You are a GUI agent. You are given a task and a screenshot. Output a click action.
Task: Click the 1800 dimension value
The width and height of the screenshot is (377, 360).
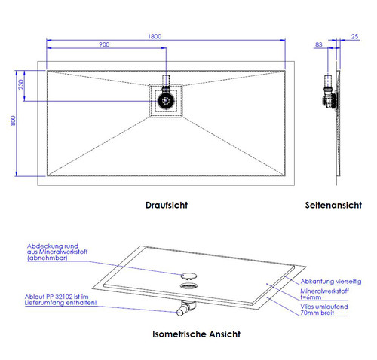click(155, 36)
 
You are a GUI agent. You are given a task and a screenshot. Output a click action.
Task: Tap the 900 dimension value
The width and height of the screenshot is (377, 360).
click(104, 44)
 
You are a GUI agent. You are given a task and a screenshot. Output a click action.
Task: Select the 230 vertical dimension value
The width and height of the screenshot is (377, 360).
click(21, 84)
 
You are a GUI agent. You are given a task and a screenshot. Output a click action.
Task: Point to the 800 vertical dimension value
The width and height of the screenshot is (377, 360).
click(13, 121)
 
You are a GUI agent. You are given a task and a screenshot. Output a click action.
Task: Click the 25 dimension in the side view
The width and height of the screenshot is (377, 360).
click(354, 37)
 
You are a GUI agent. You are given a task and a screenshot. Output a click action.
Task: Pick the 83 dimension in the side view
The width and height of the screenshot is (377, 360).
click(318, 44)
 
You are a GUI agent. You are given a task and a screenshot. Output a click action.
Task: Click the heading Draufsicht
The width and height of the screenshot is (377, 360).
click(167, 205)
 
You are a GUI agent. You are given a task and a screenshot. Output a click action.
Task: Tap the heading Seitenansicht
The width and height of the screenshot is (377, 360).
click(333, 205)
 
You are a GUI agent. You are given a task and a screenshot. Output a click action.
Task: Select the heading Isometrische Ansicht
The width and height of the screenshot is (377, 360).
click(196, 334)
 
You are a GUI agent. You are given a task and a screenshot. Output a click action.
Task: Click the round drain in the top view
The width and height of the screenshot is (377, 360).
click(166, 101)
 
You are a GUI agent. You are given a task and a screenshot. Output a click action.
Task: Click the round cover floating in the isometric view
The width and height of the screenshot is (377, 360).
click(188, 276)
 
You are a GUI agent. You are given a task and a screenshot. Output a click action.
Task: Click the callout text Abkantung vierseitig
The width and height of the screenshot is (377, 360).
click(331, 282)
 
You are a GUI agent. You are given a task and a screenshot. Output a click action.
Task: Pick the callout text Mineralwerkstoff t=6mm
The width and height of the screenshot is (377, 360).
click(324, 294)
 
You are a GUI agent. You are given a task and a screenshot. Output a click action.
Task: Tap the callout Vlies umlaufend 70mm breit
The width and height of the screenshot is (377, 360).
click(324, 310)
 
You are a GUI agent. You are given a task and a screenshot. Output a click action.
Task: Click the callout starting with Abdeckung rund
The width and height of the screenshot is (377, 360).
click(57, 252)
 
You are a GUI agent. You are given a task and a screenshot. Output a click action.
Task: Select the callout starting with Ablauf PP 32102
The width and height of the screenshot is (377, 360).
click(60, 300)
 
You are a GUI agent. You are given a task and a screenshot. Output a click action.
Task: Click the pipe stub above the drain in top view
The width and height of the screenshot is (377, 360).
click(166, 81)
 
